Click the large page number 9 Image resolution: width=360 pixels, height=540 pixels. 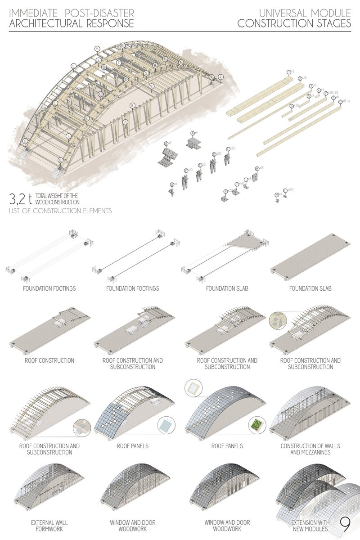345,524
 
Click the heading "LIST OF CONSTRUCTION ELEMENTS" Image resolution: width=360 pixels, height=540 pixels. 60,211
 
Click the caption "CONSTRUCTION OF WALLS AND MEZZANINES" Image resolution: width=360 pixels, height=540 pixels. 310,449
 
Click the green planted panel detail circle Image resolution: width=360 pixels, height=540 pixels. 255,424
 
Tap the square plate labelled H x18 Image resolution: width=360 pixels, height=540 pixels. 255,178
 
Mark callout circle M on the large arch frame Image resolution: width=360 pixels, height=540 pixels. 97,49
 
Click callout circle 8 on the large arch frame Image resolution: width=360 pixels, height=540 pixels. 133,106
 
